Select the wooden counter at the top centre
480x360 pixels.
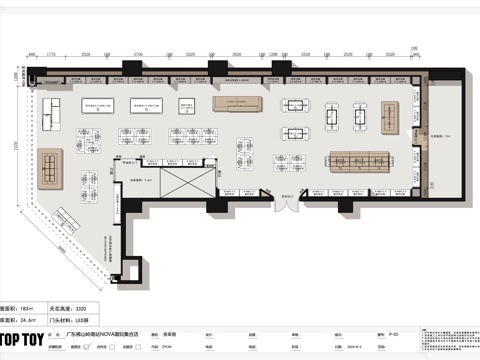[x=237, y=104]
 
